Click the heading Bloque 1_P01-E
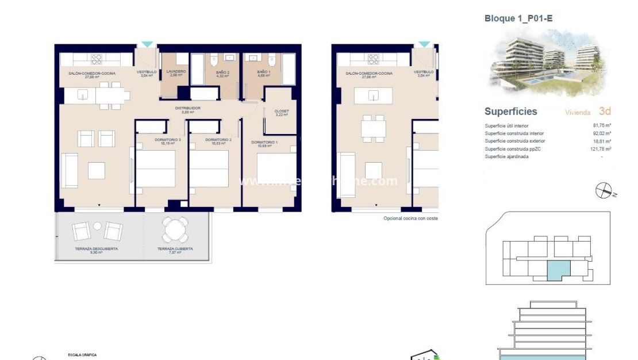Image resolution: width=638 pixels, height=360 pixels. (518, 18)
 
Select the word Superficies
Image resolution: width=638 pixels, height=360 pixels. (510, 112)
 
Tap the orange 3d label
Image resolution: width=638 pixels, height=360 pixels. (604, 112)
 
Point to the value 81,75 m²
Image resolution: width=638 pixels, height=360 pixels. (601, 125)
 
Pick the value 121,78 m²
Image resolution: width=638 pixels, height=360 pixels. (601, 149)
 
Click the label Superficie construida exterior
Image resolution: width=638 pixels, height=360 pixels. (514, 141)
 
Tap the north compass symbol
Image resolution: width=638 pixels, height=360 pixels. (604, 190)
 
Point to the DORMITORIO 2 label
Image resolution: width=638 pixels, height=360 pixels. (218, 140)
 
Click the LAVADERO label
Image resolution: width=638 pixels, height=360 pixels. (176, 72)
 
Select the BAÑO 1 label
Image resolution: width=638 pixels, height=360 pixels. (264, 72)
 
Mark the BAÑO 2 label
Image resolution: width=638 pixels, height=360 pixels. (222, 72)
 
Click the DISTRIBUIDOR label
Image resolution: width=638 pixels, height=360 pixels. (187, 108)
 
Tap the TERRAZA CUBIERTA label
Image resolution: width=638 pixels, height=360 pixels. (175, 249)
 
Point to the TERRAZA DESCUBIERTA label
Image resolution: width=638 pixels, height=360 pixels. (96, 249)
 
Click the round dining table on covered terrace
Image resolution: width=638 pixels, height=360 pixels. (175, 229)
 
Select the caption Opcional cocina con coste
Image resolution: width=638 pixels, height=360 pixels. (410, 219)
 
